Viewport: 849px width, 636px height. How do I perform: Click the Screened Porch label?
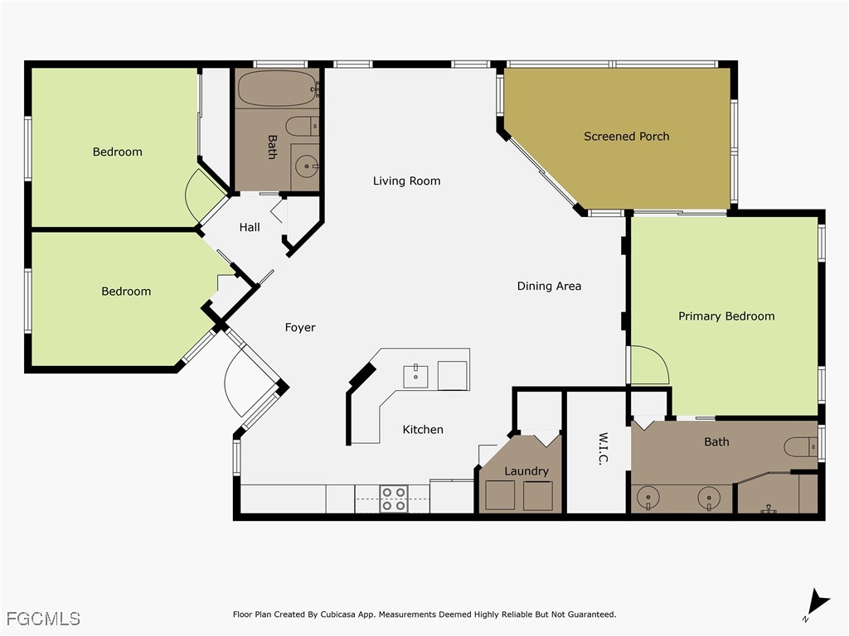[626, 136]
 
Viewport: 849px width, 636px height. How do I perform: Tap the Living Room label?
[406, 181]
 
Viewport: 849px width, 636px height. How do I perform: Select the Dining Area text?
[549, 286]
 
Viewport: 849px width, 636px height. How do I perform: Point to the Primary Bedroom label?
[726, 316]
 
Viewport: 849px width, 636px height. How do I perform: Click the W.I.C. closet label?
[603, 448]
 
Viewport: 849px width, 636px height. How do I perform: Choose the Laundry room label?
[526, 470]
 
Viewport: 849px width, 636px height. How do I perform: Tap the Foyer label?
[300, 327]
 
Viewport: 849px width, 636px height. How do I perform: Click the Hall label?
[250, 227]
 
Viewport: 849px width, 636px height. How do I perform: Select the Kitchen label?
[423, 429]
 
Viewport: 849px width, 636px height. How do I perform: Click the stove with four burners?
[393, 499]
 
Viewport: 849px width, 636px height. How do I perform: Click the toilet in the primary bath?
[800, 446]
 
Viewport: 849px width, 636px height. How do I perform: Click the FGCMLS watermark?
[43, 618]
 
